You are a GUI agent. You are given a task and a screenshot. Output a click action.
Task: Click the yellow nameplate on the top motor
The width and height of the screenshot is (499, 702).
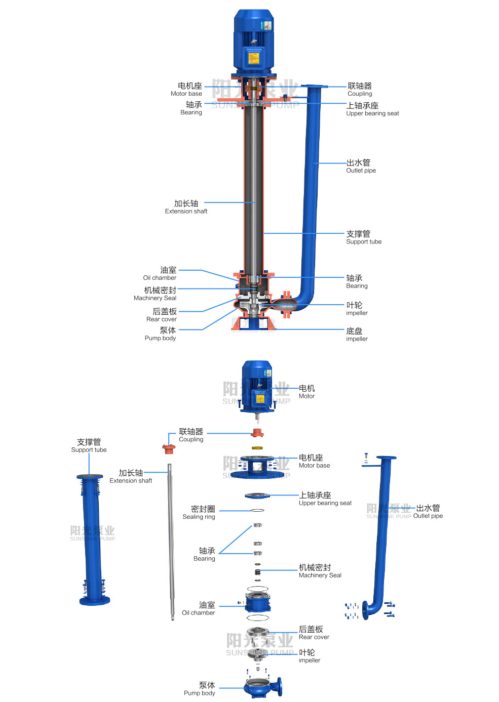click(253, 58)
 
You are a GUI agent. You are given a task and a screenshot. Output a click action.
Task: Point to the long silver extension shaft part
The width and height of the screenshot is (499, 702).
click(171, 542)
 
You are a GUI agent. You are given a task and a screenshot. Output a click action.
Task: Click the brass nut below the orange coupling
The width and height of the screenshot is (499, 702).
click(257, 448)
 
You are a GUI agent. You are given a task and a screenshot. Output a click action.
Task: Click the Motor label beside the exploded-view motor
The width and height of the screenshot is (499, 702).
click(306, 392)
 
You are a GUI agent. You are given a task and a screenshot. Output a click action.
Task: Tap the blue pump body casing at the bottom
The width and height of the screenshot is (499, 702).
click(260, 688)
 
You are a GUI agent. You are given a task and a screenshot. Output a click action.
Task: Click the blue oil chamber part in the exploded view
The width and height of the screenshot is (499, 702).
click(258, 601)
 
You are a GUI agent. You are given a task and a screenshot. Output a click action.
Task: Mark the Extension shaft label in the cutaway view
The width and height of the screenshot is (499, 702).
click(186, 207)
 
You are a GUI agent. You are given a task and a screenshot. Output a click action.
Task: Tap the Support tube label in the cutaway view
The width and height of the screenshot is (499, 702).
click(363, 237)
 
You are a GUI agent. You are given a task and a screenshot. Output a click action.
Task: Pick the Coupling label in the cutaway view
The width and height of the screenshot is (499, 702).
click(360, 90)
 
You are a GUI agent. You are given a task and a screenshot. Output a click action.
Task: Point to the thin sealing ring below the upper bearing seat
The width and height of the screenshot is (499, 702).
click(257, 510)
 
